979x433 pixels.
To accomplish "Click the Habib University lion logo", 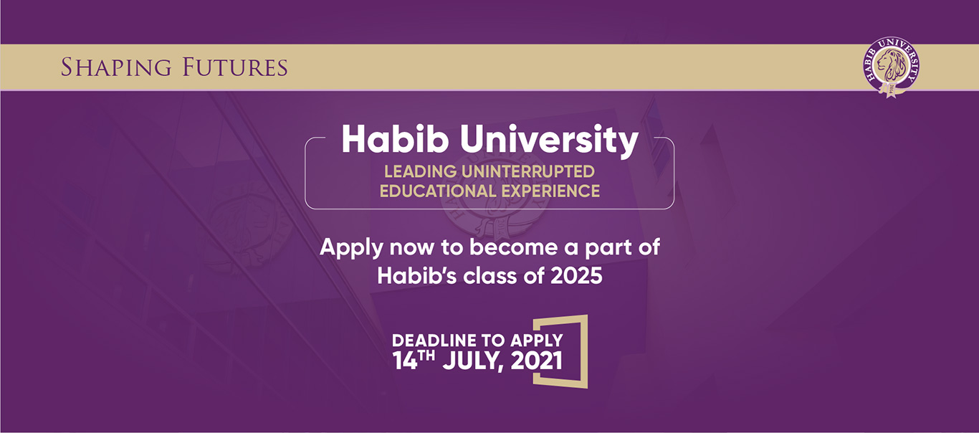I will (x=891, y=67).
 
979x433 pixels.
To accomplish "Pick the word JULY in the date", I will (x=474, y=361).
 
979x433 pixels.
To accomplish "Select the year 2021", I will (x=537, y=361).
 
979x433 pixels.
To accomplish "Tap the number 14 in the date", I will (x=406, y=361).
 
